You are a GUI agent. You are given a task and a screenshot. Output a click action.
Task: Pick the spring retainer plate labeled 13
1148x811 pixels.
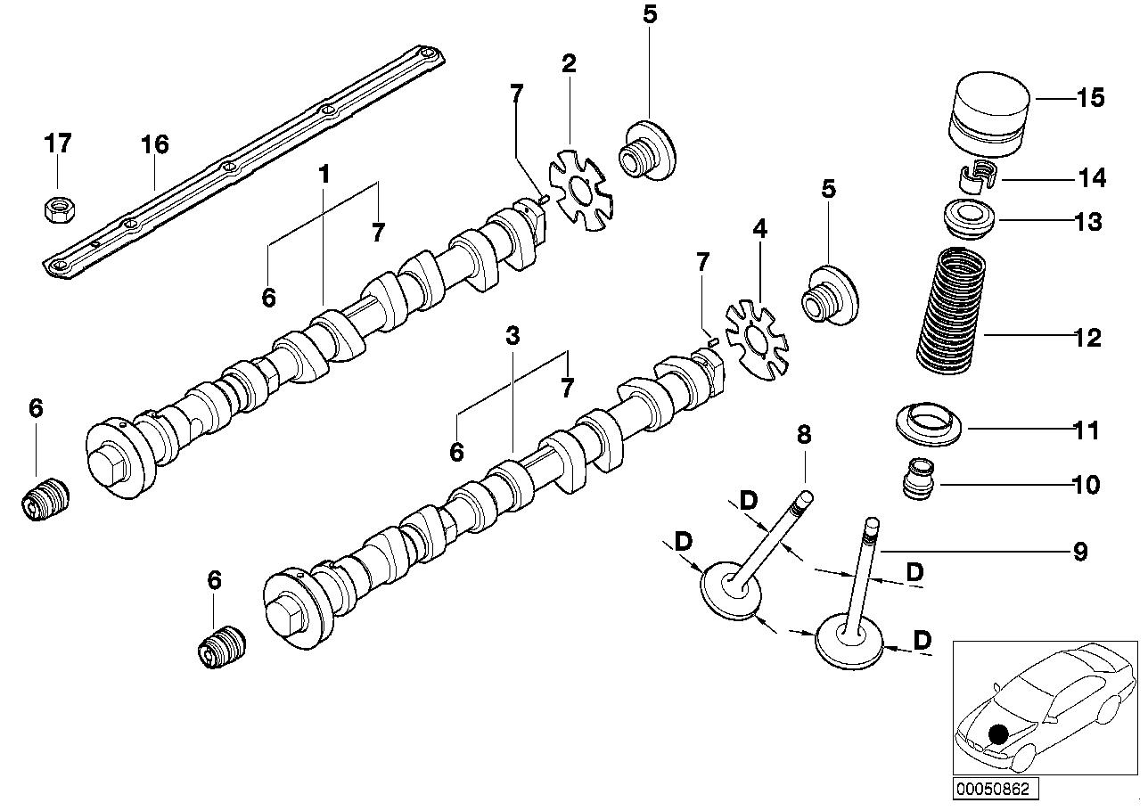coord(969,220)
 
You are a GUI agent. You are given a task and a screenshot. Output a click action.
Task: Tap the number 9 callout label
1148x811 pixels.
coord(1079,552)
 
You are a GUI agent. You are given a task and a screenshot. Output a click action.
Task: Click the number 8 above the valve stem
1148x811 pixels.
coord(804,435)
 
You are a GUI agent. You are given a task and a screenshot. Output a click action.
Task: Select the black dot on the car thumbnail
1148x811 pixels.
coord(998,733)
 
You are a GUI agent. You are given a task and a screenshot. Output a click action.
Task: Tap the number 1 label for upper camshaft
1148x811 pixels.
coord(324,174)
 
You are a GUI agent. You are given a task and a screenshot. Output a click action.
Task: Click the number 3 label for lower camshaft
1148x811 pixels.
coord(512,336)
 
